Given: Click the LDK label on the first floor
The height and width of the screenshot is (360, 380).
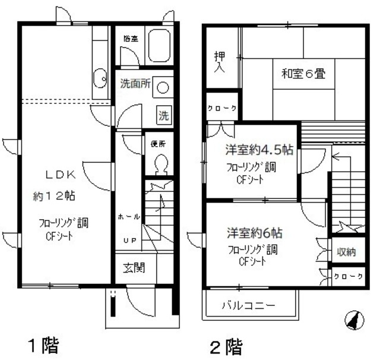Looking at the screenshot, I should coord(61,175).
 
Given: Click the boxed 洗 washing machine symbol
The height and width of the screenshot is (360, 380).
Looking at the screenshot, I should coord(162,114).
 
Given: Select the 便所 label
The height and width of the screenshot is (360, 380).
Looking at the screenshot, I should coord(159,144).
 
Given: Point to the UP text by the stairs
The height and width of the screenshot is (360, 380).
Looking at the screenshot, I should coord(129,241).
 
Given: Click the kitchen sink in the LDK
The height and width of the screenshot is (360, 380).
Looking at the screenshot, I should coord(100,78).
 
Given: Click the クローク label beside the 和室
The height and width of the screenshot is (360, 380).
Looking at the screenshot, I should coord(222,108).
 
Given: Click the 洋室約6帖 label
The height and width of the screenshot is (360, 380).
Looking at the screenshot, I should coord(254,231).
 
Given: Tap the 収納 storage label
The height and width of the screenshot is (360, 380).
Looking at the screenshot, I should coord(347,252).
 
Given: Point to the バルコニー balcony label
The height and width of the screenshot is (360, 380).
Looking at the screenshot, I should coord(248,307).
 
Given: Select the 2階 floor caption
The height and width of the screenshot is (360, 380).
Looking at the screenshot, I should coord(226,346).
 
